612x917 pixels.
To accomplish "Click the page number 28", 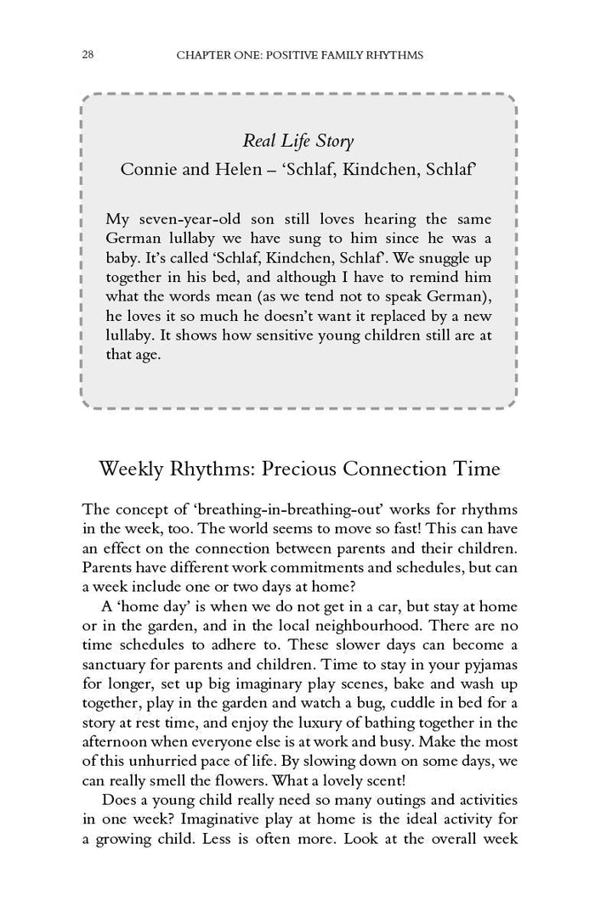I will pyautogui.click(x=88, y=55).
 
